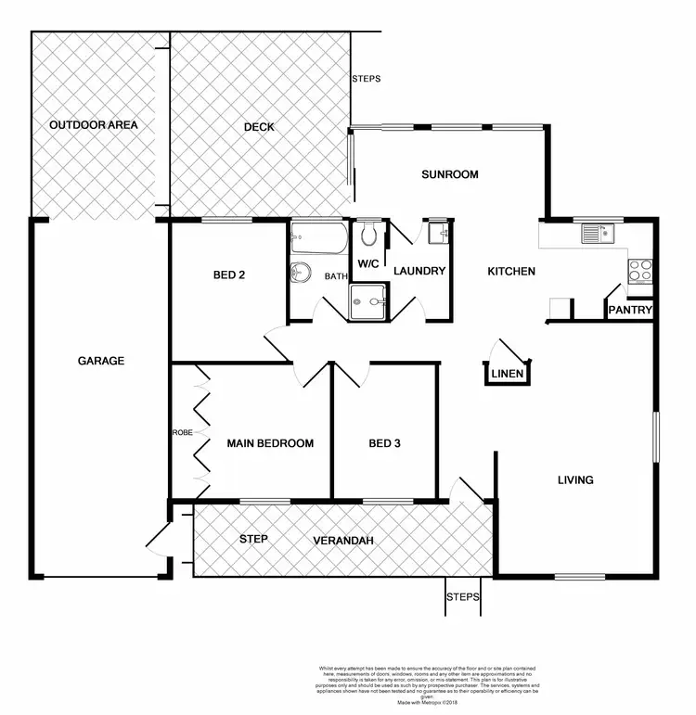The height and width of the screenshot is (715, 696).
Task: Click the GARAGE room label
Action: click(101, 361)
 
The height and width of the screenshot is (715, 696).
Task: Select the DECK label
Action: click(259, 127)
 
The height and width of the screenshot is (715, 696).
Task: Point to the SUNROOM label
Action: click(449, 174)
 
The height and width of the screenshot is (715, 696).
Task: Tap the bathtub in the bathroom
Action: click(318, 239)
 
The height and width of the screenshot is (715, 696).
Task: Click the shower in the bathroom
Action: click(368, 300)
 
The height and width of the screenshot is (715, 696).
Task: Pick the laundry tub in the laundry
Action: click(436, 232)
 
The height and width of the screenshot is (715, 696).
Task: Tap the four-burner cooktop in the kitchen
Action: click(640, 270)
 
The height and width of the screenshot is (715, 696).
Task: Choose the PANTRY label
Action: click(631, 310)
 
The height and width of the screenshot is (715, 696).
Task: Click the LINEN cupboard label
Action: click(508, 375)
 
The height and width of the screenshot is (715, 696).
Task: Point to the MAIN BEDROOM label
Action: click(270, 443)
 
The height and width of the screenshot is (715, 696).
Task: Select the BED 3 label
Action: click(384, 443)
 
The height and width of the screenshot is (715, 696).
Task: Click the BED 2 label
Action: click(228, 275)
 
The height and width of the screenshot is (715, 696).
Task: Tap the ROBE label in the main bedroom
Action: click(181, 433)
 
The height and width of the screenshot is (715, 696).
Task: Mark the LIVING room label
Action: click(574, 479)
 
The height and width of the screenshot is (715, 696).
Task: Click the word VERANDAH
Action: click(343, 540)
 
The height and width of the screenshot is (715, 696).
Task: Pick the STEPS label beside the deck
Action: click(366, 79)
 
